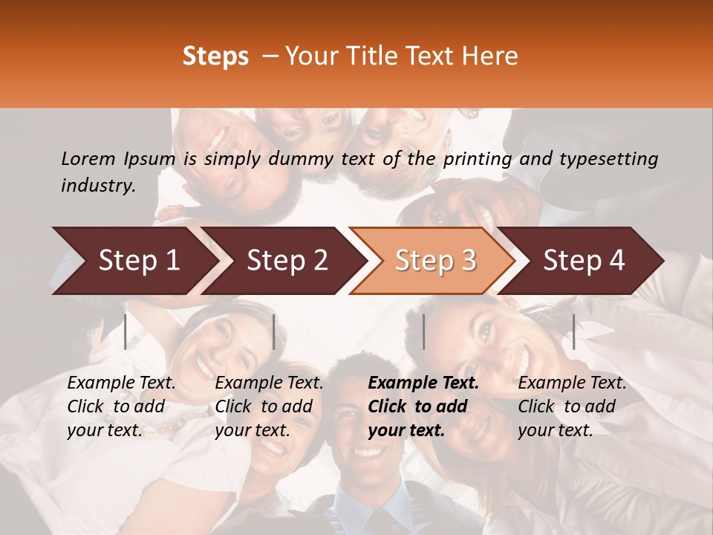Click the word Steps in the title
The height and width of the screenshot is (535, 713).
215,56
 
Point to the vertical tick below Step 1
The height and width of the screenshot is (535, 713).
126,331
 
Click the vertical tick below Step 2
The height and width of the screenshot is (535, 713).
274,331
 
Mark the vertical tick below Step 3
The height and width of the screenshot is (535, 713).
423,331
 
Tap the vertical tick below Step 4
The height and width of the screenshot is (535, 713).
573,331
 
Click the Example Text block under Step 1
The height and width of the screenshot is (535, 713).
121,406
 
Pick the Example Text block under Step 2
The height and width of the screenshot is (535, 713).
269,406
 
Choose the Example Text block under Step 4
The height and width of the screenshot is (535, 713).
572,406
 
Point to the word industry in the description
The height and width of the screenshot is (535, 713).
98,186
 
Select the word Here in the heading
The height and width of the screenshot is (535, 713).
492,56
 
